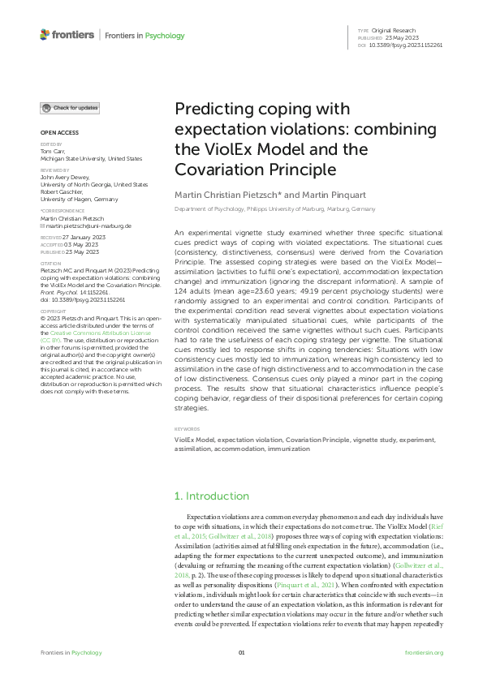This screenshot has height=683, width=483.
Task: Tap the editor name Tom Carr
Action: pos(51,151)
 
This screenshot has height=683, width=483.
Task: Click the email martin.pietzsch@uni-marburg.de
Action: pos(79,226)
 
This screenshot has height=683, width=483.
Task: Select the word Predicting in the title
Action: pos(210,110)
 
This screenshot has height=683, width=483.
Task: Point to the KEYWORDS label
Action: pos(188,428)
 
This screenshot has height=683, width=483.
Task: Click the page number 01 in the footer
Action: pos(241,653)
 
